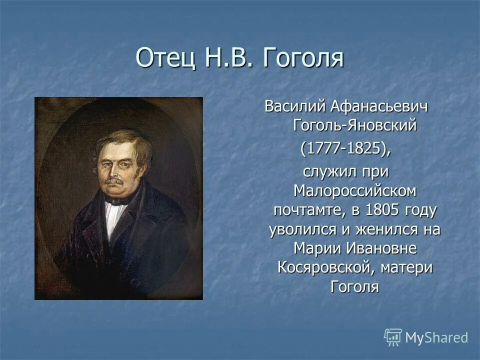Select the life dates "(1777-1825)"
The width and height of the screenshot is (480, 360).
coord(345,148)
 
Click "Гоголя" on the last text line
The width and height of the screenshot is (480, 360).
coord(354,287)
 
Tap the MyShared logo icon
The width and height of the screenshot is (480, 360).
coord(393,337)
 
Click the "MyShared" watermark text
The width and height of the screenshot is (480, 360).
coord(436,338)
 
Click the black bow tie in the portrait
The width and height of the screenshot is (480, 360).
coord(116,198)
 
